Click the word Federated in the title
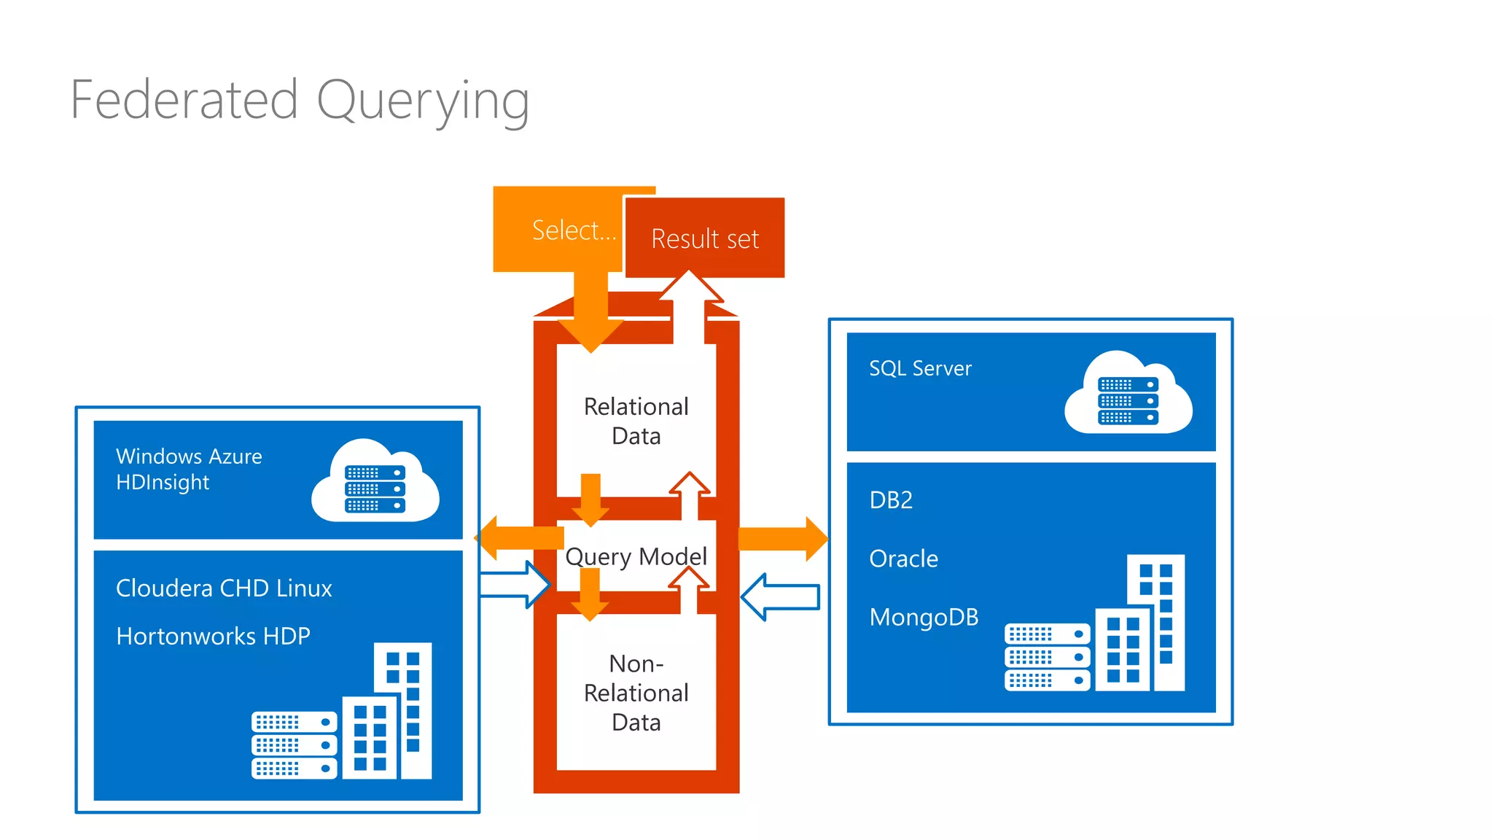184,100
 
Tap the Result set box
705,238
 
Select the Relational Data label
636,421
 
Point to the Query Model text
636,556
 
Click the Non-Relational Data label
636,693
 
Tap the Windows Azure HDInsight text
188,469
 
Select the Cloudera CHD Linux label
224,588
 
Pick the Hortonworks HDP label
213,636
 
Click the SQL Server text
920,368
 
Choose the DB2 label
890,500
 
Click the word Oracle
903,559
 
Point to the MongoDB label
924,618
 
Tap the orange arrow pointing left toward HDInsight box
519,538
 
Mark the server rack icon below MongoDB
1046,656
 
